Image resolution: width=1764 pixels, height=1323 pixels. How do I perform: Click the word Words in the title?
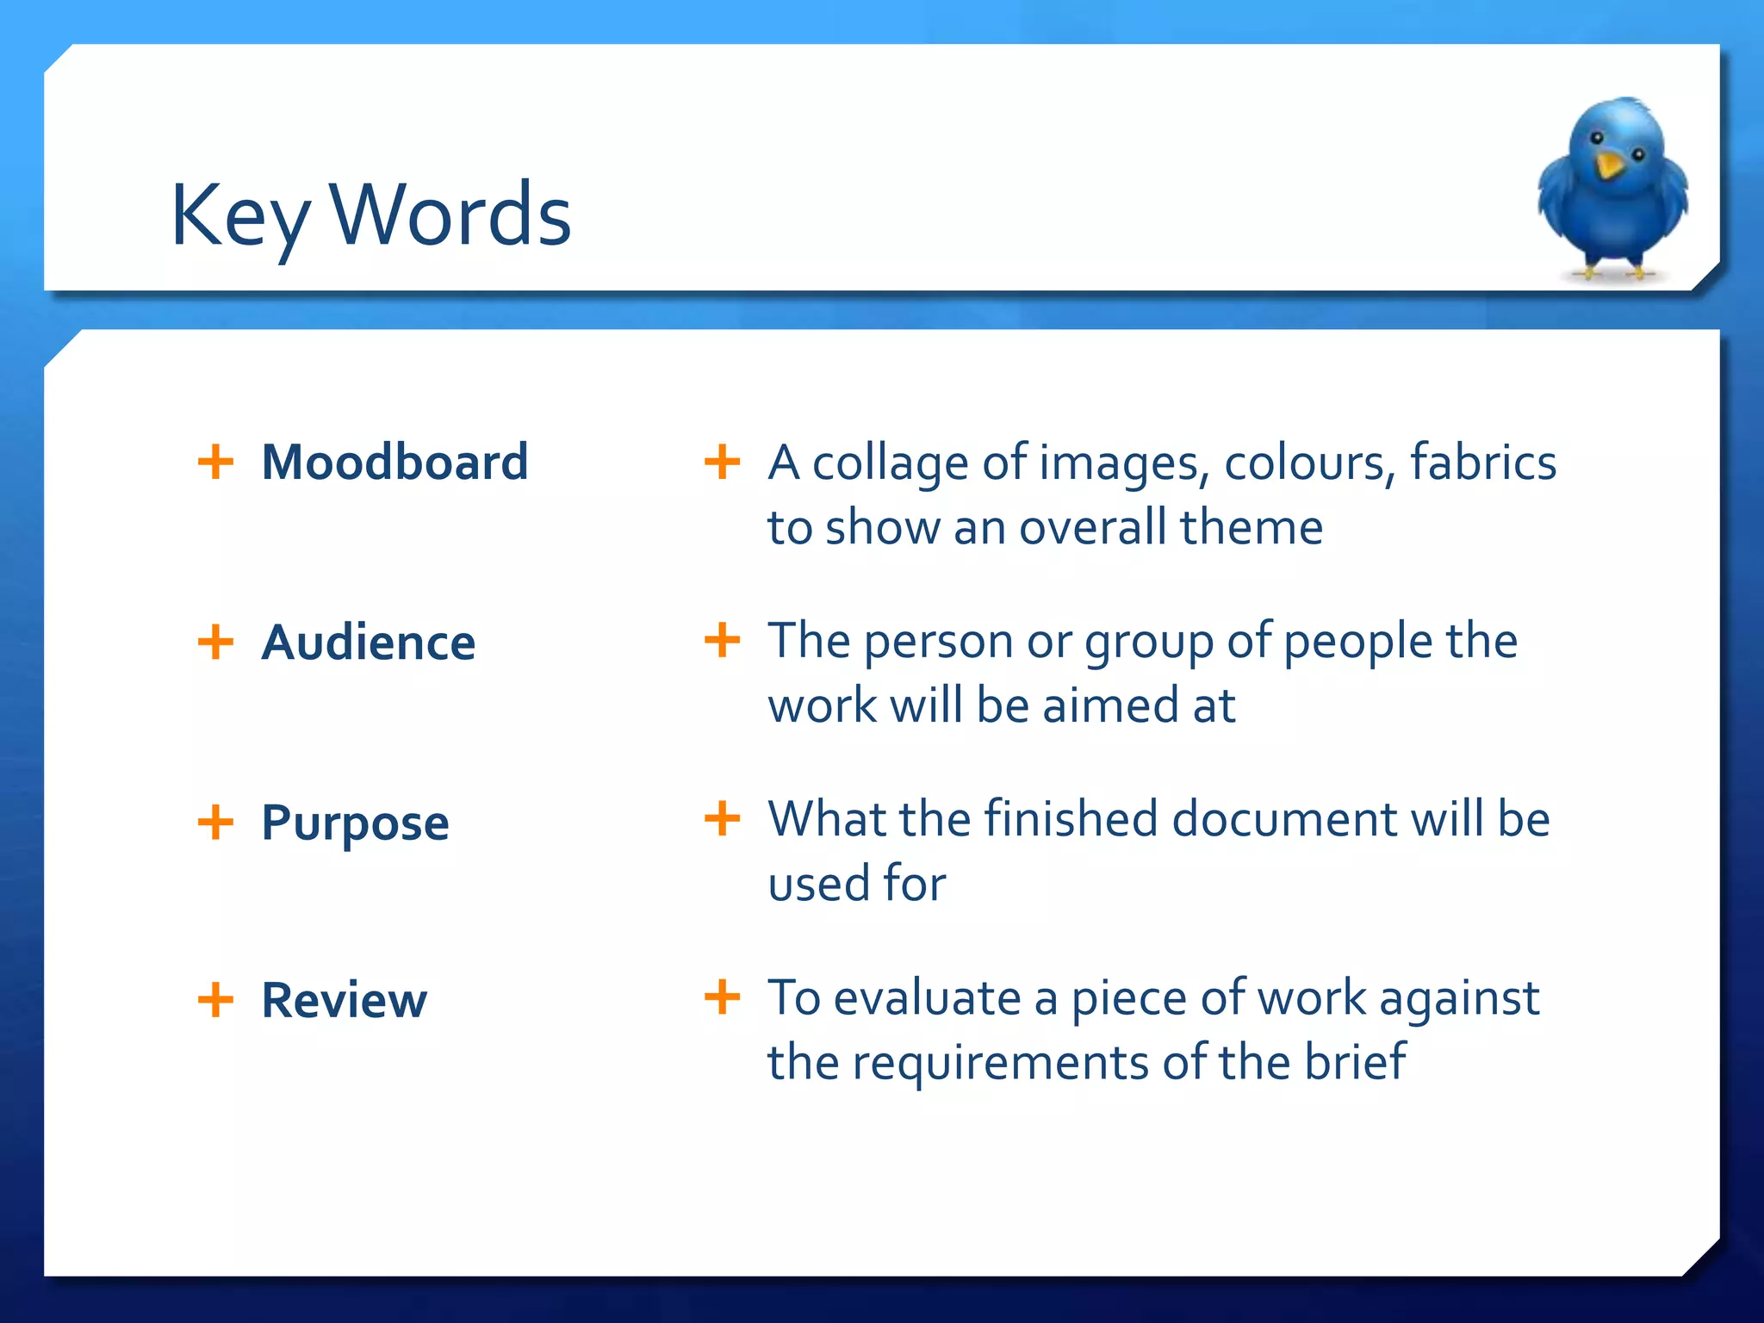click(450, 215)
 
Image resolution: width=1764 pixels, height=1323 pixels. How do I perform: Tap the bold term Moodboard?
click(394, 463)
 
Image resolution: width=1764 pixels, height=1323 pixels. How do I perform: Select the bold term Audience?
click(368, 643)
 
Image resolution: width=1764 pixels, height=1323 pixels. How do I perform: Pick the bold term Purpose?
click(355, 823)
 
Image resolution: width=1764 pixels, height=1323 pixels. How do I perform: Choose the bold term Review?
click(344, 1000)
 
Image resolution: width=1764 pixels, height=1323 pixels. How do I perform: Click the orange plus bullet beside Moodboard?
click(215, 461)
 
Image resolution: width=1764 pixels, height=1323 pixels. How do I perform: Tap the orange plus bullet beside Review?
click(215, 999)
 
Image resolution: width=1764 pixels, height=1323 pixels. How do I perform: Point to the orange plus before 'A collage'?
click(722, 461)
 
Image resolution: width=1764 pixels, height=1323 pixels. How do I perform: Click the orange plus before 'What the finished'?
click(722, 817)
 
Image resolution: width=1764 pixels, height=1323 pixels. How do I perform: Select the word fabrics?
click(1482, 463)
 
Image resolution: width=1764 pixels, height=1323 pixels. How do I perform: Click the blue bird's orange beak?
click(1607, 165)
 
